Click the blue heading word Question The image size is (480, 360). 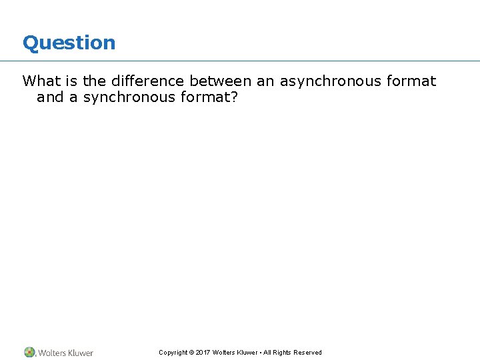coord(69,43)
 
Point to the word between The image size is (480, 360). coord(221,81)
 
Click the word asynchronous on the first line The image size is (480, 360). coord(331,81)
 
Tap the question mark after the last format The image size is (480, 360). coord(234,97)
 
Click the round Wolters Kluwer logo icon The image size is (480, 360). coord(30,352)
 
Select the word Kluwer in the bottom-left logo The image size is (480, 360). coord(79,353)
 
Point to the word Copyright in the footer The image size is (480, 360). coord(173,353)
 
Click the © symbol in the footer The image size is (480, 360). coord(191,353)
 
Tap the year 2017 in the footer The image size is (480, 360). coord(203,353)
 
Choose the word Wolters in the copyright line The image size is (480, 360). coord(224,353)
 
